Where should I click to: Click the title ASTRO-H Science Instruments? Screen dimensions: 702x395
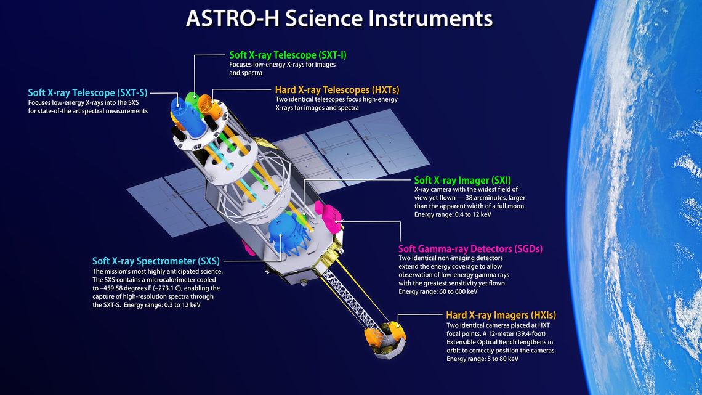[339, 18]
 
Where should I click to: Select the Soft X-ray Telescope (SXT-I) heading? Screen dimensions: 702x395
[288, 55]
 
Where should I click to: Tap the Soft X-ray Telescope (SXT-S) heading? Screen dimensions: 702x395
[87, 92]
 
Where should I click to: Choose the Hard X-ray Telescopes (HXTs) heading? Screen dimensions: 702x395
[337, 89]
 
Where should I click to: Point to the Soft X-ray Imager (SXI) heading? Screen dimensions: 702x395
[462, 181]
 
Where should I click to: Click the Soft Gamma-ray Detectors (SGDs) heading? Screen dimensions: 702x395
[470, 249]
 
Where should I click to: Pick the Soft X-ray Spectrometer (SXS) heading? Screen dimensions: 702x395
[156, 261]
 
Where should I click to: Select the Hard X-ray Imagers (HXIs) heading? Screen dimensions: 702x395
[501, 316]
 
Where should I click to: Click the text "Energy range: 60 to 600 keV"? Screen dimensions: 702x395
[438, 291]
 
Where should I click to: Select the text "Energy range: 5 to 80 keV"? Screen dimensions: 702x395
[482, 359]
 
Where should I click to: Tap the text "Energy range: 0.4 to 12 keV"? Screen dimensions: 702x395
[453, 214]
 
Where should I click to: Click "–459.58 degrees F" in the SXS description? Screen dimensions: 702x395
[124, 288]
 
